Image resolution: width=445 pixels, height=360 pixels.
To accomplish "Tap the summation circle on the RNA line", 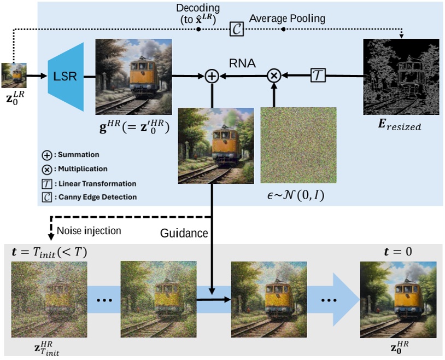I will (x=212, y=77).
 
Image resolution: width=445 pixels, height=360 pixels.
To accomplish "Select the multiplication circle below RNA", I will (x=273, y=77).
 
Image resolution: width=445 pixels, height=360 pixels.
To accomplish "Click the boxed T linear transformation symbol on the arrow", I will (x=318, y=77).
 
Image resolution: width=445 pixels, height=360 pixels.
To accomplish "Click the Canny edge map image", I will (x=401, y=77).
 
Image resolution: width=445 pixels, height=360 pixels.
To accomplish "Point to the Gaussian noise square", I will (x=298, y=145).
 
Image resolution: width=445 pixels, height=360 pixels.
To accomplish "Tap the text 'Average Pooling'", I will (x=287, y=19).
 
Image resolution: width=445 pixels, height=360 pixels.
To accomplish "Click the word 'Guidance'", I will (x=184, y=234).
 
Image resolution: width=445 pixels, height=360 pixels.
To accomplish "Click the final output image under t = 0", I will (x=397, y=299).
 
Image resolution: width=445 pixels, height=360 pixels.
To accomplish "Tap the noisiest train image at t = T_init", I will (x=49, y=299).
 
